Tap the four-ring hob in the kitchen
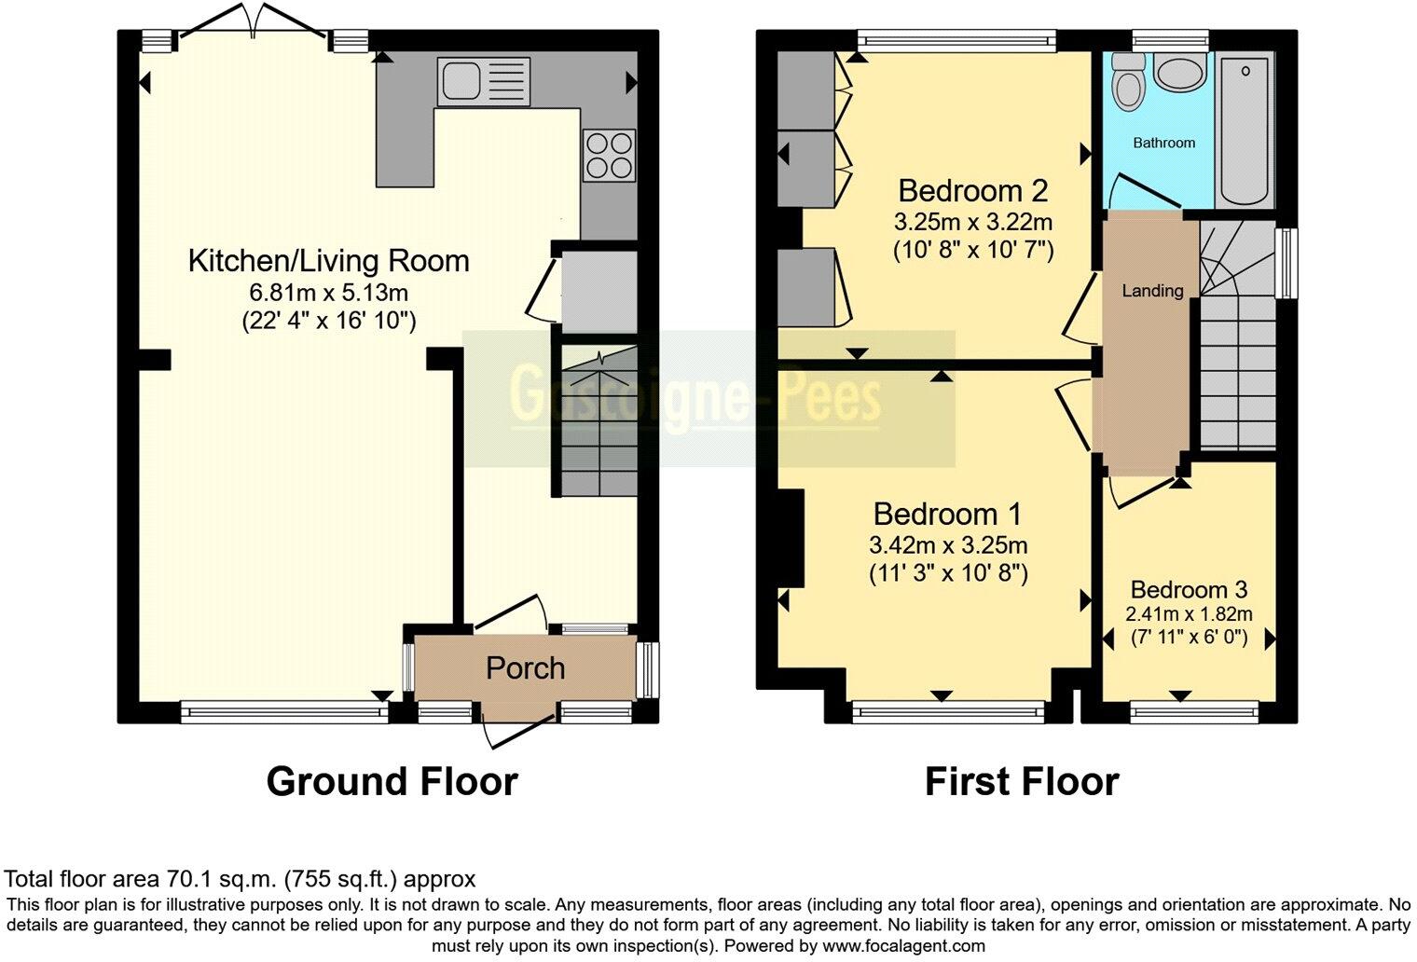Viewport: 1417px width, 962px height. tap(609, 156)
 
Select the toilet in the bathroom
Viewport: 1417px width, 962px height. tap(1129, 83)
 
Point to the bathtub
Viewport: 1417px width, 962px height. tap(1245, 130)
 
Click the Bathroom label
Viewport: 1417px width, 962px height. tap(1164, 143)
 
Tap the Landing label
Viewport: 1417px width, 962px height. tap(1152, 291)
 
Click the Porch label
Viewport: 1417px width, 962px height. tap(525, 668)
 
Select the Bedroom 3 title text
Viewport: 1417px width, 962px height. tap(1189, 589)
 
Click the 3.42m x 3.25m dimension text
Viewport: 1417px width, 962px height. tap(947, 544)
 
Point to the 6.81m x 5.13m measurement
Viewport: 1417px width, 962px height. tap(328, 292)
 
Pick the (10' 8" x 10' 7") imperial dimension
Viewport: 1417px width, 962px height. tap(973, 251)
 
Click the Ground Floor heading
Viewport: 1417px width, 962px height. tap(392, 782)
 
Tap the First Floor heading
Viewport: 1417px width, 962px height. tap(1023, 782)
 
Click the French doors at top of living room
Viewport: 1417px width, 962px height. tap(253, 22)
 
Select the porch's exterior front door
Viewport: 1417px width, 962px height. tap(520, 731)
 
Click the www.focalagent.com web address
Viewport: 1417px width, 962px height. tap(903, 946)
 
